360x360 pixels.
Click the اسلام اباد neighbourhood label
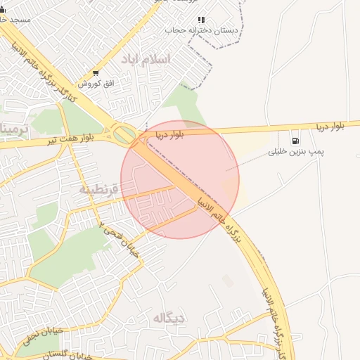coord(146,59)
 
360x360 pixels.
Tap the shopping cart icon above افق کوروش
coord(96,73)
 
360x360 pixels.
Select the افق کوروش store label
coord(96,84)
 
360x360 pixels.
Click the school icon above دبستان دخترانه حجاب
coord(200,20)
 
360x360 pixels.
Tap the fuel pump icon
coord(293,139)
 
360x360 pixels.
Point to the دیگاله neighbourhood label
coord(169,318)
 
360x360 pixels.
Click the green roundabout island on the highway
coord(124,132)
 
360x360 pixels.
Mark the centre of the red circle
coord(180,180)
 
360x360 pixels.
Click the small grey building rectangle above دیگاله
coord(228,281)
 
